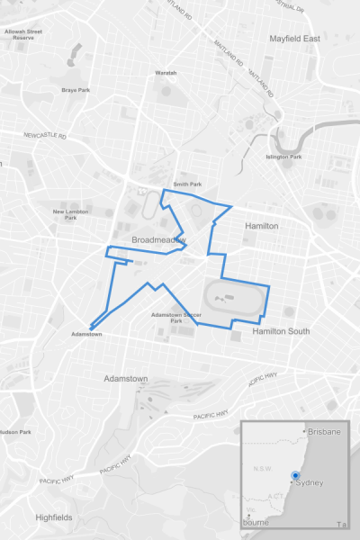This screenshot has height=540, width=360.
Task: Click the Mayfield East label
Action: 294,39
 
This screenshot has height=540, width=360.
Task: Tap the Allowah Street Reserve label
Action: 25,34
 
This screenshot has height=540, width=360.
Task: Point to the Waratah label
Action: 166,73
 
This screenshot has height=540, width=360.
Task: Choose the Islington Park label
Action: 283,157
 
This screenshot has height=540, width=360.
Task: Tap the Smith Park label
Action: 187,184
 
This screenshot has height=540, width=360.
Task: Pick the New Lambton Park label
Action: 70,214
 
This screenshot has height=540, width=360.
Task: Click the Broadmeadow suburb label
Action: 158,241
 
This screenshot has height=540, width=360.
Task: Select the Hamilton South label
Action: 281,332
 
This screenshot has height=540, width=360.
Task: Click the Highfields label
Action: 54,517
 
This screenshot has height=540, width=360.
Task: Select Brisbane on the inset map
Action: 323,432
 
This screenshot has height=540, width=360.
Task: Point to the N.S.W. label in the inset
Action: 263,469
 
